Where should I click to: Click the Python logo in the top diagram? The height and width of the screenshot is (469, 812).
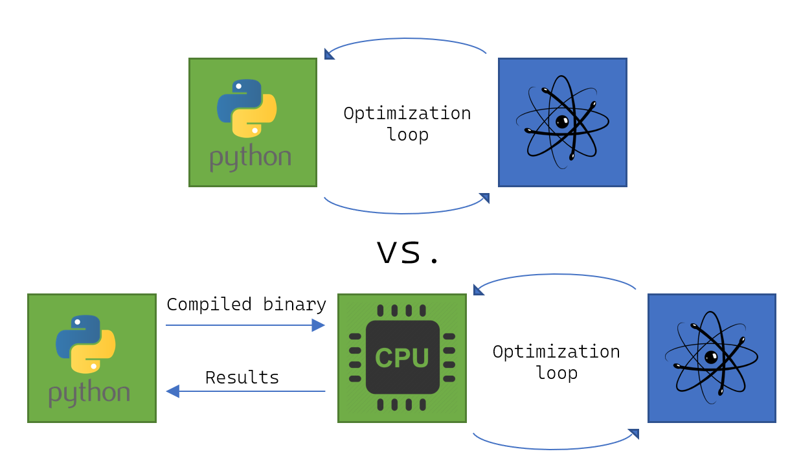click(247, 108)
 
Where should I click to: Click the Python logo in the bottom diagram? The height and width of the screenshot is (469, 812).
click(85, 344)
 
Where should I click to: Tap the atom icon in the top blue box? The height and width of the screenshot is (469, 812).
click(562, 122)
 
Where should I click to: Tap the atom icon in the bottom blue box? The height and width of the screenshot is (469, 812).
click(711, 358)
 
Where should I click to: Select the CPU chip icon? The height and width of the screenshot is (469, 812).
click(402, 358)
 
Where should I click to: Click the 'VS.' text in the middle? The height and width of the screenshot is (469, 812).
click(408, 253)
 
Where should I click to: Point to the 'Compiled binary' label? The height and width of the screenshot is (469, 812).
click(246, 304)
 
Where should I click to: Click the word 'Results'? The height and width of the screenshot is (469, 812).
click(242, 378)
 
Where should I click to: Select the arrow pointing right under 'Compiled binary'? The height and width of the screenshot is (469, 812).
click(245, 325)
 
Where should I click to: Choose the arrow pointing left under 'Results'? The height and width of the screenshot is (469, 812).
click(245, 391)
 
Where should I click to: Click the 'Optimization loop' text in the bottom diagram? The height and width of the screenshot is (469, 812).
click(556, 361)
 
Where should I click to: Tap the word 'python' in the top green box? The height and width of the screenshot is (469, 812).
click(251, 158)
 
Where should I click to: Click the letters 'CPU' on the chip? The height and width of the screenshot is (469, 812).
click(402, 358)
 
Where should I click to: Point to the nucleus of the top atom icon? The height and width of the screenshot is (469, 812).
click(562, 121)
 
